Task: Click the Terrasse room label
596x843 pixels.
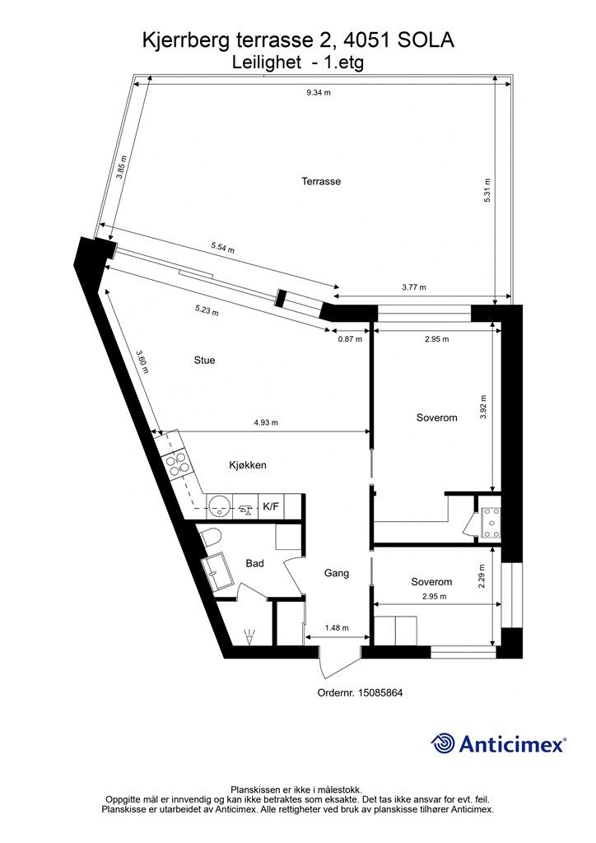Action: click(321, 182)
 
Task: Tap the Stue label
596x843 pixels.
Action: click(204, 361)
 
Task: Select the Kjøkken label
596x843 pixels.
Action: click(248, 465)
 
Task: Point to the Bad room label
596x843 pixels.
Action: click(254, 563)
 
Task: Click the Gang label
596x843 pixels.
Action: click(337, 573)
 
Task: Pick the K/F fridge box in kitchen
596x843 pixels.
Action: click(271, 506)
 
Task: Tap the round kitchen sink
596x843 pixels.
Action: click(219, 505)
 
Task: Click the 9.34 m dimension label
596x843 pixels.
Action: click(318, 92)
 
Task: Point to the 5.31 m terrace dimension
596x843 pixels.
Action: click(487, 190)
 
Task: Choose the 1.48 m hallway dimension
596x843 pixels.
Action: click(337, 628)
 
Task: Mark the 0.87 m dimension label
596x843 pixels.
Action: click(350, 339)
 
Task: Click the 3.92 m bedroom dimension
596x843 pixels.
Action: click(482, 407)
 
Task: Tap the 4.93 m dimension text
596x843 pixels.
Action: click(266, 422)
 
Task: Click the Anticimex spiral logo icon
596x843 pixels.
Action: click(442, 743)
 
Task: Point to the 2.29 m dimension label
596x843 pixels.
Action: click(482, 575)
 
